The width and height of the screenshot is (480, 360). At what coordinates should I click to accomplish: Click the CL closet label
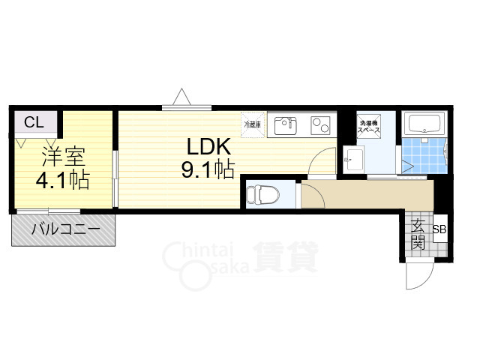pos(33,122)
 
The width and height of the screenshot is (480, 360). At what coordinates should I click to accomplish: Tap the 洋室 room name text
pos(63,157)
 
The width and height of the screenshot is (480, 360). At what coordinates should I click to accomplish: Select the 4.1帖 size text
pos(63,181)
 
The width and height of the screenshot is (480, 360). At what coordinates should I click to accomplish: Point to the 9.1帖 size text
pos(205,170)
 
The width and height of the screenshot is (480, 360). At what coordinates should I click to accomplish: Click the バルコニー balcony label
pos(65,230)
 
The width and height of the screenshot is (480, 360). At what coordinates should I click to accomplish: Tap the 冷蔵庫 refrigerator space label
pos(252,124)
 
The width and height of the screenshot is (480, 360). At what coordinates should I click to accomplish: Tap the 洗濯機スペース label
pos(367,126)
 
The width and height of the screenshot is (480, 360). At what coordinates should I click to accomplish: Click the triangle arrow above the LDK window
pos(181,97)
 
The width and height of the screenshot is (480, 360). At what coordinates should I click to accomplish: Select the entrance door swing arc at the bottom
pos(418,277)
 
